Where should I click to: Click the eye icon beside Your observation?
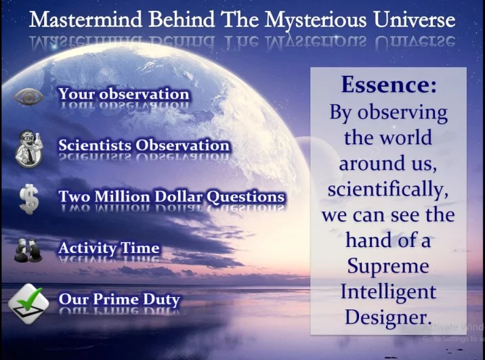(28, 97)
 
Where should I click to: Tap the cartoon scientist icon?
(28, 149)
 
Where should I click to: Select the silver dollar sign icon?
(29, 200)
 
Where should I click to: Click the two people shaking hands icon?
(28, 250)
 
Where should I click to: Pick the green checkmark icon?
(28, 304)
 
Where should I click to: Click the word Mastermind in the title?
(85, 19)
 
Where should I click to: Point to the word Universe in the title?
(414, 19)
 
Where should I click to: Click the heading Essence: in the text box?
(389, 84)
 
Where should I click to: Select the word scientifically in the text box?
(388, 189)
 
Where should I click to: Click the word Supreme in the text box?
(388, 267)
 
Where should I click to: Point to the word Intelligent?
(388, 292)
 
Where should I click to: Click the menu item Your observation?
(124, 94)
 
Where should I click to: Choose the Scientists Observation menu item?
(144, 145)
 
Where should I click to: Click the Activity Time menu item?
(109, 248)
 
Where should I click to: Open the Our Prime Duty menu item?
(119, 299)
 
